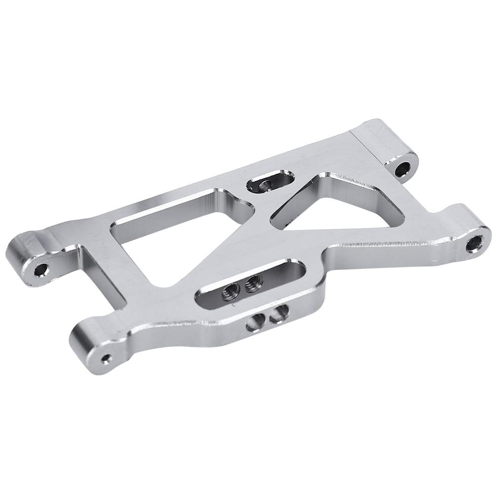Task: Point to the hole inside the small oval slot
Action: pyautogui.click(x=265, y=185)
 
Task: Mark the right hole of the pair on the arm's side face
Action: pyautogui.click(x=279, y=312)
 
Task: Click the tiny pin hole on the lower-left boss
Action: pyautogui.click(x=106, y=356)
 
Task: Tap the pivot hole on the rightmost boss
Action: pyautogui.click(x=474, y=243)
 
